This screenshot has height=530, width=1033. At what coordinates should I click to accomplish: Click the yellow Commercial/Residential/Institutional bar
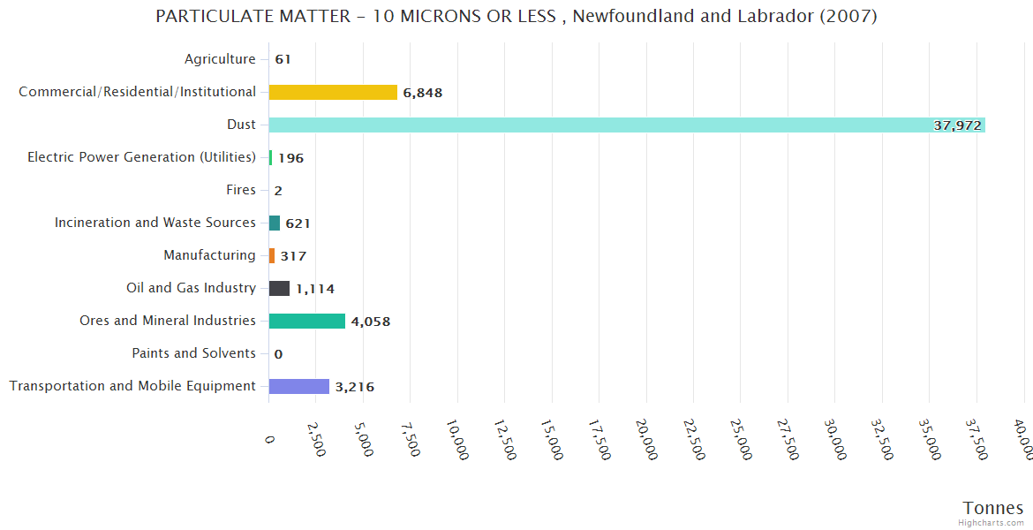tap(333, 92)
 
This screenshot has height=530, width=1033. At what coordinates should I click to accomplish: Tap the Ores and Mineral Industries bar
tap(306, 321)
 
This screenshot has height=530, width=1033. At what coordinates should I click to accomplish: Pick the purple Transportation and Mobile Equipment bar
tap(298, 386)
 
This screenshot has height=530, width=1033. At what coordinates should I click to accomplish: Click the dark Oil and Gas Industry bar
tap(279, 288)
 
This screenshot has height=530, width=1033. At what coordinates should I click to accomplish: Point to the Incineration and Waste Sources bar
tap(275, 223)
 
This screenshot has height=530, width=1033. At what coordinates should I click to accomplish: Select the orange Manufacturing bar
tap(272, 255)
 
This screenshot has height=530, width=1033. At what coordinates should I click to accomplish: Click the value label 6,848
tap(423, 93)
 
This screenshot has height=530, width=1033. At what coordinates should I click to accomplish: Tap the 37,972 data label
tap(957, 125)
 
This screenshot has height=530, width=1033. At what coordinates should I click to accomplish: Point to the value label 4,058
tap(371, 322)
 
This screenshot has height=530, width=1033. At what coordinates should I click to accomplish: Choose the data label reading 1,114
tap(315, 289)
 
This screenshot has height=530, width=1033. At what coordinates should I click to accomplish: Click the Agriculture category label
tap(220, 59)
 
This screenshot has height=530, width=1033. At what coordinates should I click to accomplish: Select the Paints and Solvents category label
tap(193, 353)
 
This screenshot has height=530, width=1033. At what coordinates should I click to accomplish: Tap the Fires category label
tap(241, 190)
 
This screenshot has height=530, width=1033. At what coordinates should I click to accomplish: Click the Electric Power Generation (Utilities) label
tap(141, 157)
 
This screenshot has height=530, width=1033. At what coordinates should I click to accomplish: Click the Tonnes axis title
tap(993, 508)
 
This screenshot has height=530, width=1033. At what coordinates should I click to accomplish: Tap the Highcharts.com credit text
tap(991, 523)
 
